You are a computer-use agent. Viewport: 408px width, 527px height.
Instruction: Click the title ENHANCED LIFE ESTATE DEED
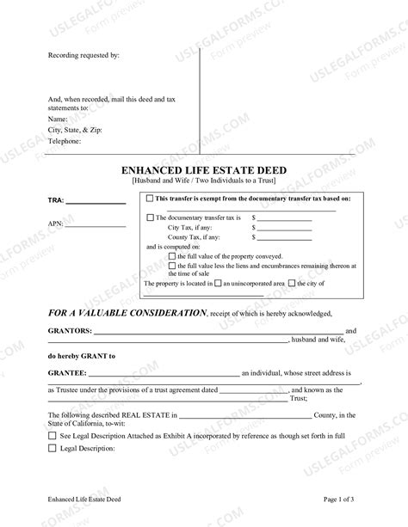pos(204,171)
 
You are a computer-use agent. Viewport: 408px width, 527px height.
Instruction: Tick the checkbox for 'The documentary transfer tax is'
pos(151,218)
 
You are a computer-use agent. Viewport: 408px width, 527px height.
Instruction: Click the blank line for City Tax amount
pos(284,228)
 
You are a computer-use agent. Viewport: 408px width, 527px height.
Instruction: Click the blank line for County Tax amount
pos(284,237)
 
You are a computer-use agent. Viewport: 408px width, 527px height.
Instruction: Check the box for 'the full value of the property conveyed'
pos(172,256)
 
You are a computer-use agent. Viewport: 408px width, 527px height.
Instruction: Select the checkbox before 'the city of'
pos(293,283)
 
